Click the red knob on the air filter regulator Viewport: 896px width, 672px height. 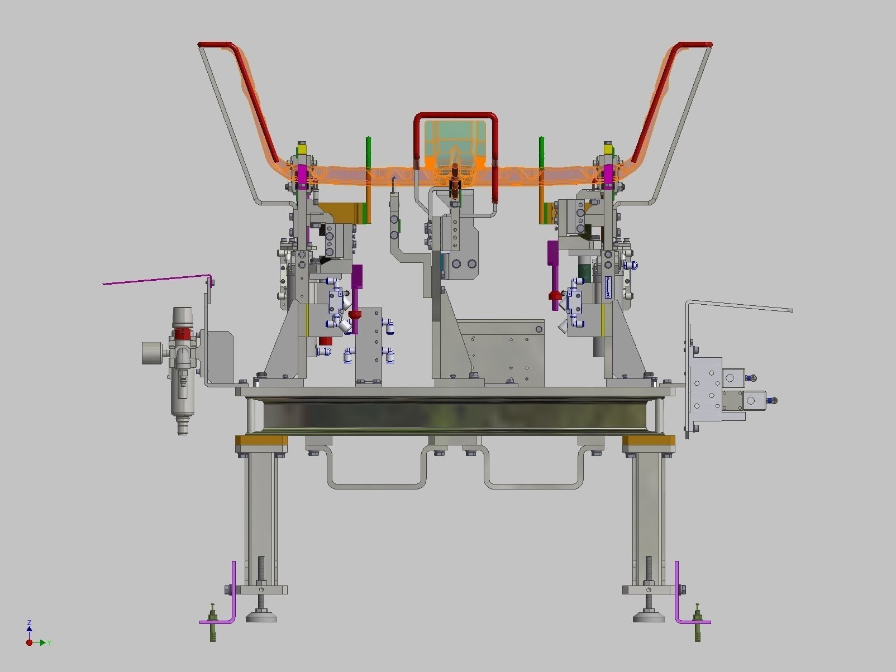(182, 334)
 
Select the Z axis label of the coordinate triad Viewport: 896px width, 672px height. (29, 622)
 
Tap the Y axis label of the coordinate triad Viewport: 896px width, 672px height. (49, 643)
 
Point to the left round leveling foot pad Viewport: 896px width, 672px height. (261, 617)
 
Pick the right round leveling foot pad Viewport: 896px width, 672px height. (649, 617)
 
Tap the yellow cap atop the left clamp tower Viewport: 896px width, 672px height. (302, 150)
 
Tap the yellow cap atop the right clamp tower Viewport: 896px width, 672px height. (608, 150)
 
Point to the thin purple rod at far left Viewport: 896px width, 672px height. (156, 280)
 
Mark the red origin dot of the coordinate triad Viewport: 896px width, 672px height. (29, 643)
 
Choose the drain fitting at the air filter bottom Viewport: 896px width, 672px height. (182, 427)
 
